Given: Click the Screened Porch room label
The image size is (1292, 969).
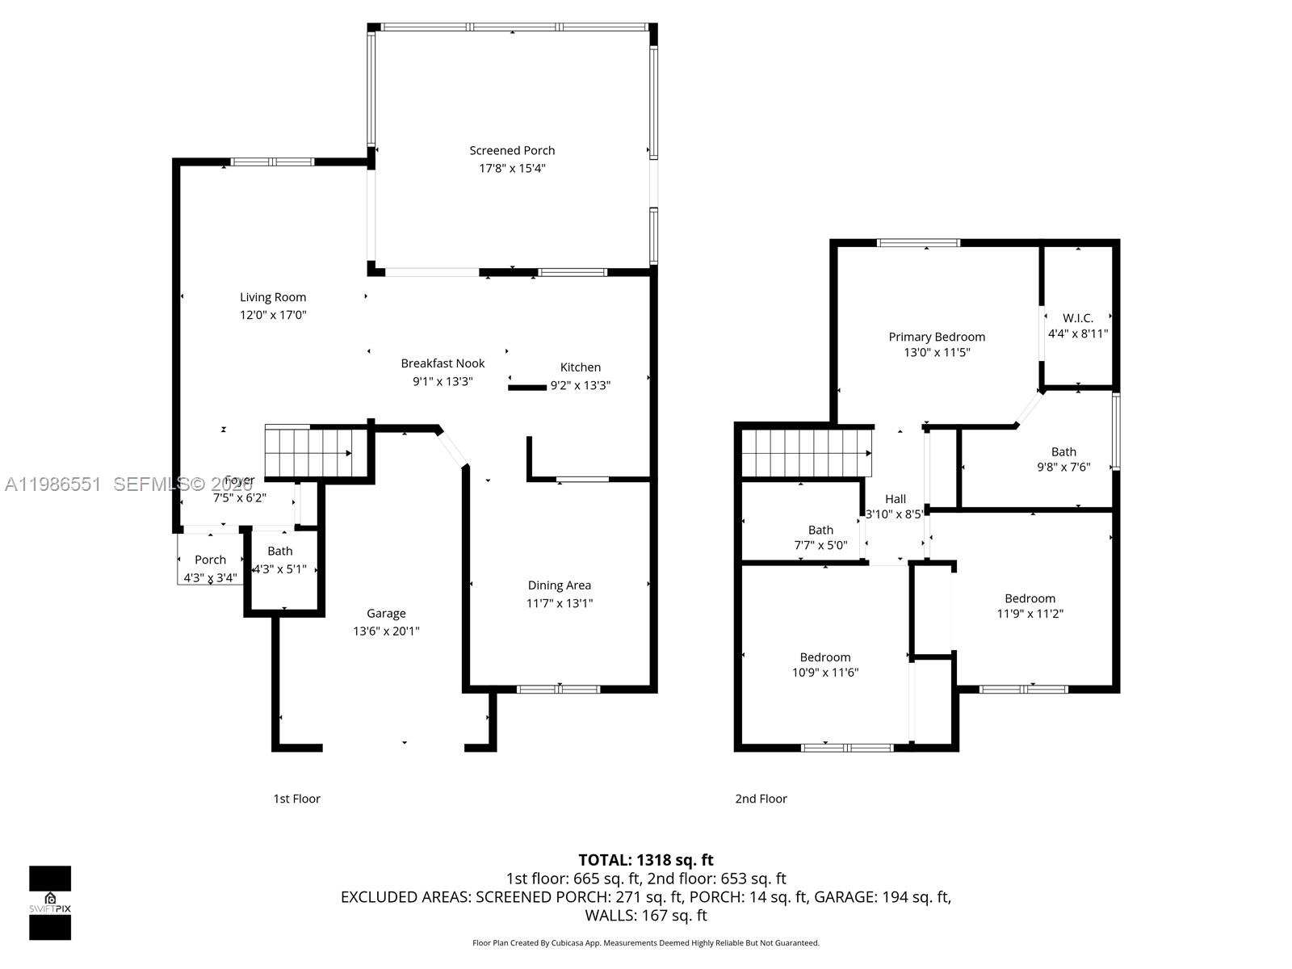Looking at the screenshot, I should [512, 151].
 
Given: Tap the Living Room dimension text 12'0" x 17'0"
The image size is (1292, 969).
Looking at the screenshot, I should [273, 315].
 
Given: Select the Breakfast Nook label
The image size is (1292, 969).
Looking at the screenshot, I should [443, 363].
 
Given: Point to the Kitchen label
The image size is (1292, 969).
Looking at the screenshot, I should [580, 367].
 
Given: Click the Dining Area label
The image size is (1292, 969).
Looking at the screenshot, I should [559, 585].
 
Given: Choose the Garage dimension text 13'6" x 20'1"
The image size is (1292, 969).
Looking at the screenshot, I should [386, 631].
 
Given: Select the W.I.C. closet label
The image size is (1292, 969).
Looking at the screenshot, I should [1077, 318].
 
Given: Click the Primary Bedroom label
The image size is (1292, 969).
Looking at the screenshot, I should [937, 337].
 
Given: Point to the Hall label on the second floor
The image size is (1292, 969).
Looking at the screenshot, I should [895, 499].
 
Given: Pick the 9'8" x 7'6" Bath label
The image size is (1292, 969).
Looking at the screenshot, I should [1063, 452].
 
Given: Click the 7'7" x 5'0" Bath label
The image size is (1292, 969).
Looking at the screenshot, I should [820, 531].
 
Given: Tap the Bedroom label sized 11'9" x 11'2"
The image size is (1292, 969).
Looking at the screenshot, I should [1030, 598].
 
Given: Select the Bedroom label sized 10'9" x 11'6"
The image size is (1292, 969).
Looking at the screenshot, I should [824, 657].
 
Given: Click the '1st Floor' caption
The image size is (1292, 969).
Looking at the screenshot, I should [296, 799].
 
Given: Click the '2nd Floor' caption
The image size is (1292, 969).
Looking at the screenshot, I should [761, 799].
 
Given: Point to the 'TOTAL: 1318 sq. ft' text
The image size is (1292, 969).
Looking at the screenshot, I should [645, 860].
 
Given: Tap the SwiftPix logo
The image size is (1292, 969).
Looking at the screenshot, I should [50, 903].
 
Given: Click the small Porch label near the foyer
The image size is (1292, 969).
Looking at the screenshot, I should [210, 560].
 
